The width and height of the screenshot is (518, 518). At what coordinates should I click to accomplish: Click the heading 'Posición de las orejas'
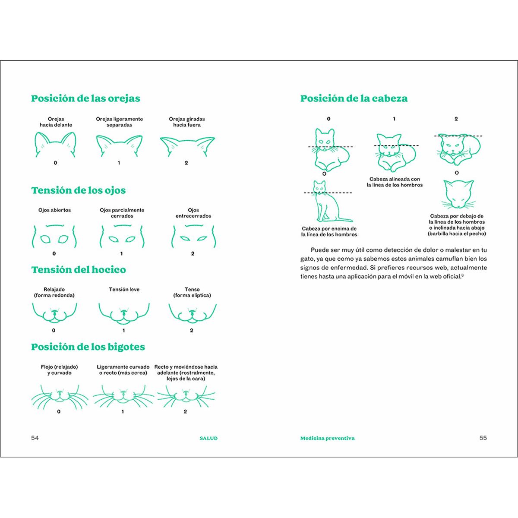[85, 98]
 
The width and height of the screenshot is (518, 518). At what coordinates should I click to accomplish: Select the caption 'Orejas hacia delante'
[56, 122]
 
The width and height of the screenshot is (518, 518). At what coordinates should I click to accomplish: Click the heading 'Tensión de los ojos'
[79, 190]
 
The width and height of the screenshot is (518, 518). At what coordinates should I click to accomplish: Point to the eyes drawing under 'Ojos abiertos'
[54, 237]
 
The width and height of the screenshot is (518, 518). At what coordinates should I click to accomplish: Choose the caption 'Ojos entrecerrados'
[193, 213]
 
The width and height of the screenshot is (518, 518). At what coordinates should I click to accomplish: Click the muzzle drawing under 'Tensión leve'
[124, 313]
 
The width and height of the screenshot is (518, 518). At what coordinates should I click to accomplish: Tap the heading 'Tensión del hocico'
[79, 270]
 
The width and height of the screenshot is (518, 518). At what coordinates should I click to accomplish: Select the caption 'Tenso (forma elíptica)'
[192, 292]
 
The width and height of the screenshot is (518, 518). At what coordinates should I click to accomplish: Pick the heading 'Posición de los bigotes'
[88, 347]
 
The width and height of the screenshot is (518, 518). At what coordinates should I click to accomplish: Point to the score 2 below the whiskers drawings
[185, 411]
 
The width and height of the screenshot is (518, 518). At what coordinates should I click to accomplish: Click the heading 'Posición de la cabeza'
[354, 98]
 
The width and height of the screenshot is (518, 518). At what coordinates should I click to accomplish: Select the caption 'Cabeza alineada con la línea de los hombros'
[395, 182]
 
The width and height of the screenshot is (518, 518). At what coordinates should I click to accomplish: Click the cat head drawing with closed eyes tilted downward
[458, 195]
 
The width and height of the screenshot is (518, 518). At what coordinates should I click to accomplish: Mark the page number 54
[35, 438]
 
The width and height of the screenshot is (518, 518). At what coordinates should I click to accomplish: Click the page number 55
[483, 438]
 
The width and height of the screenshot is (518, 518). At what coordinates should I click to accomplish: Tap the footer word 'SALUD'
[208, 438]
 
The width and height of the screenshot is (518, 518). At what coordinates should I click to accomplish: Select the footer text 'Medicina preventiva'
[327, 438]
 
